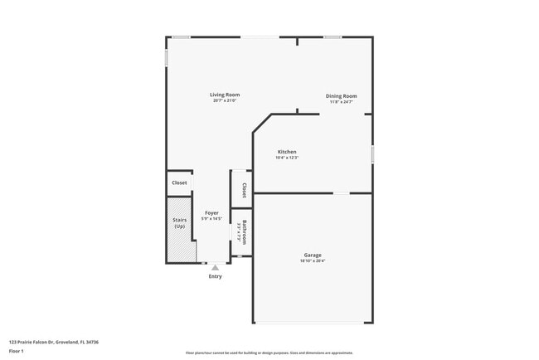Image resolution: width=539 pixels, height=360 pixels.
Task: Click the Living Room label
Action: point(224,95)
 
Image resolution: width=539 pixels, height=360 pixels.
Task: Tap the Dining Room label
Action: point(340,96)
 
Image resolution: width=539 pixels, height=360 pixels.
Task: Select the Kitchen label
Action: point(287,152)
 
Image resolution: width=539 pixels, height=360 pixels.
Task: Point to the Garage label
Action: point(312,255)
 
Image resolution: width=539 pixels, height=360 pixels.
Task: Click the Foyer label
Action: point(211,213)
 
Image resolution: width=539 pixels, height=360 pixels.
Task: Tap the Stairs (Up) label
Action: point(180,224)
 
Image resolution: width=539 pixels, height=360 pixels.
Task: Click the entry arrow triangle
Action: point(216,267)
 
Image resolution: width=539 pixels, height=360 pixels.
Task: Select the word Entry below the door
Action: point(216,276)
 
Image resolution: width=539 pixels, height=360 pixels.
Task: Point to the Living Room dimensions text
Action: point(224,101)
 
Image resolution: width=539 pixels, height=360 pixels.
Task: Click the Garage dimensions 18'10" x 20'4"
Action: point(312,260)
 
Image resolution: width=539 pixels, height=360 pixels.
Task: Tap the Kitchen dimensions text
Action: point(287,158)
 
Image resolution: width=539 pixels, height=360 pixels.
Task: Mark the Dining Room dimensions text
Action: point(340,102)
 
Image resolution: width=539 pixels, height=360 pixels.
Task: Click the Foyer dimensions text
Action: point(211,219)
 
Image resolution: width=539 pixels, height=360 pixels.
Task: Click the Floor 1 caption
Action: point(17,351)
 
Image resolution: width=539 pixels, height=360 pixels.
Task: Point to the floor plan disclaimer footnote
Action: point(269,352)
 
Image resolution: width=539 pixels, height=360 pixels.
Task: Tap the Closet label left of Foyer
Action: point(179,182)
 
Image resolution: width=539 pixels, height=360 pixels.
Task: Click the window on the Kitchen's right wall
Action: point(372,153)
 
